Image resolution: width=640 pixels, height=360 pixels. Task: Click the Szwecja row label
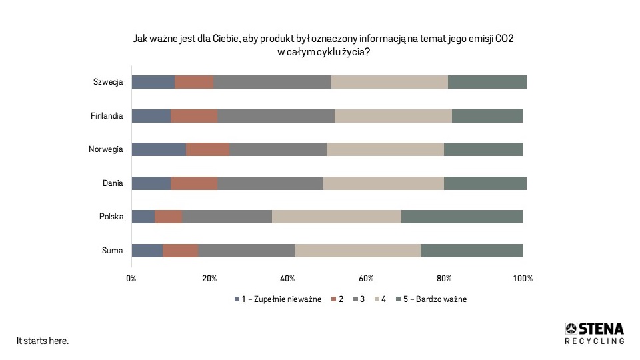pos(108,82)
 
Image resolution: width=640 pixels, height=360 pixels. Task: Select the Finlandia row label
pos(107,116)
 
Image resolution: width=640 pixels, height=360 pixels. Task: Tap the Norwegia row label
pos(106,149)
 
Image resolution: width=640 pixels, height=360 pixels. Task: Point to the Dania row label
pos(112,183)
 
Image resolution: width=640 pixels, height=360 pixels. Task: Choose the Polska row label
pos(111,217)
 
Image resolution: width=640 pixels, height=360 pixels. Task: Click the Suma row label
pos(112,251)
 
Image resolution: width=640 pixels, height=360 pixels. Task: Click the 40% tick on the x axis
pos(287,278)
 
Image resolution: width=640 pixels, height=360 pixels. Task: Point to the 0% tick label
pos(131,278)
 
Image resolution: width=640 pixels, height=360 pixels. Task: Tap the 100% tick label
pos(523,278)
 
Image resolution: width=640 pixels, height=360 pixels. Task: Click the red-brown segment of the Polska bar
pos(168,217)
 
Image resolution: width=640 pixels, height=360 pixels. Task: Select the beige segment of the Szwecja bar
pos(389,82)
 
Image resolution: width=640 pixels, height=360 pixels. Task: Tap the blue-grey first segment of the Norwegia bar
pos(159,149)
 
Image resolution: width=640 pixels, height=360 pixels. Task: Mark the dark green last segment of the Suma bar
pos(471,251)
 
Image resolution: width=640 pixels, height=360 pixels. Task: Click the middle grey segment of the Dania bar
pos(270,183)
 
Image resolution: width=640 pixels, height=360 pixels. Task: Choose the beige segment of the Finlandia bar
pos(393,116)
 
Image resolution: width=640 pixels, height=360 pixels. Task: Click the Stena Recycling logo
pos(595,333)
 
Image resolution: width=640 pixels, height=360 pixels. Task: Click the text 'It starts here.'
pos(43,341)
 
